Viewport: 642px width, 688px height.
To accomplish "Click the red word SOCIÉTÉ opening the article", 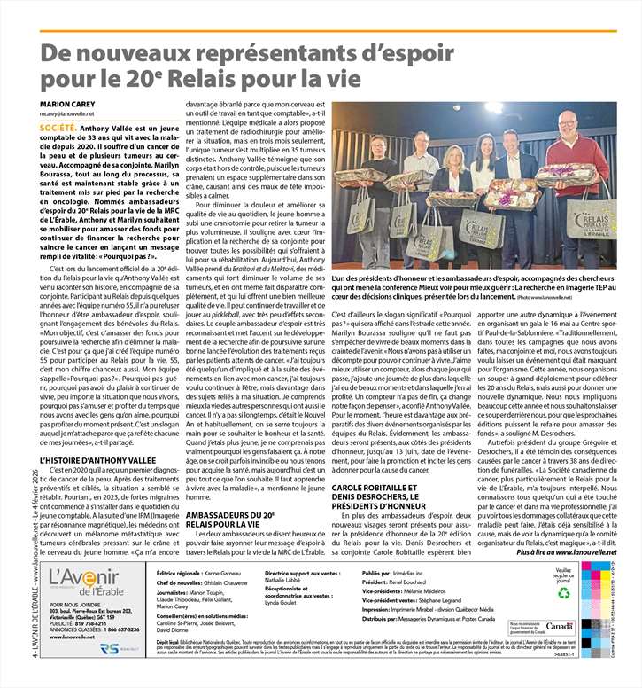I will (58, 129).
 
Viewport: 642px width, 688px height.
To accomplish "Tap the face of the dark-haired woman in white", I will (485, 146).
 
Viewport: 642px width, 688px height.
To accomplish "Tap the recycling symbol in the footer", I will (563, 593).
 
